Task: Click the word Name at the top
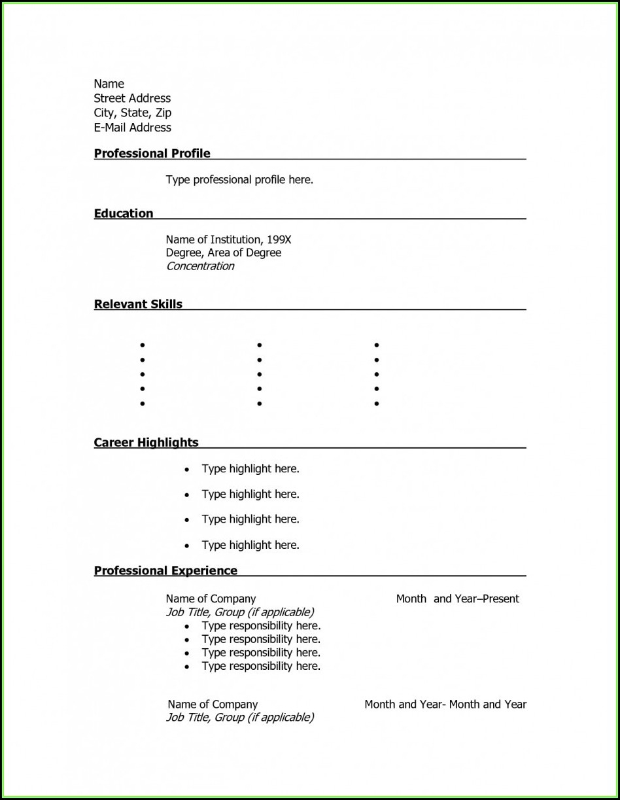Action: click(x=109, y=84)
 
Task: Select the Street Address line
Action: click(x=132, y=98)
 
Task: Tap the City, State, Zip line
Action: click(x=132, y=113)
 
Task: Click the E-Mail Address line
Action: click(x=132, y=128)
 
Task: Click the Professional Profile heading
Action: click(x=152, y=154)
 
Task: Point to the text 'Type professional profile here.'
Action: click(x=239, y=179)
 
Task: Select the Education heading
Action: click(x=123, y=213)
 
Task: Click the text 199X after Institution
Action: click(x=279, y=239)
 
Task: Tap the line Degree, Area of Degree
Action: click(x=223, y=252)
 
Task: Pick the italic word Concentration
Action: click(x=199, y=266)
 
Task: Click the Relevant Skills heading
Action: click(x=138, y=304)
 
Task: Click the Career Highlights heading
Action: click(x=146, y=443)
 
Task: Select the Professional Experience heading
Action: click(x=165, y=570)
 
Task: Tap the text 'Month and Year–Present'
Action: click(x=457, y=599)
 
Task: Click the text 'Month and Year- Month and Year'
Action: click(x=445, y=704)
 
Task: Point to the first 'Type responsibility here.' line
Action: click(x=260, y=625)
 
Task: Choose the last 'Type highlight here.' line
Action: click(x=250, y=545)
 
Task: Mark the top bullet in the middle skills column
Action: click(x=260, y=345)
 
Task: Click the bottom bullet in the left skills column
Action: click(x=142, y=404)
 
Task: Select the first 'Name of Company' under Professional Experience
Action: click(x=211, y=599)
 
